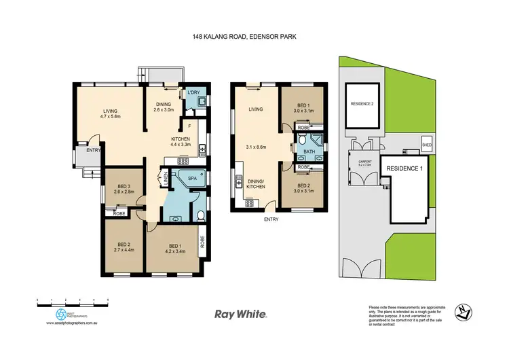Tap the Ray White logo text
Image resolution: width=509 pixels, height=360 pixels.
coord(240,314)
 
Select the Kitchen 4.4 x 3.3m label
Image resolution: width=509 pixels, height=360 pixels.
coord(181,141)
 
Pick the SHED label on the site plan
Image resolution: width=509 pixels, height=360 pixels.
coord(427,145)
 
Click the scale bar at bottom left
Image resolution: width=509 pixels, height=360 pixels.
coord(73,300)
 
